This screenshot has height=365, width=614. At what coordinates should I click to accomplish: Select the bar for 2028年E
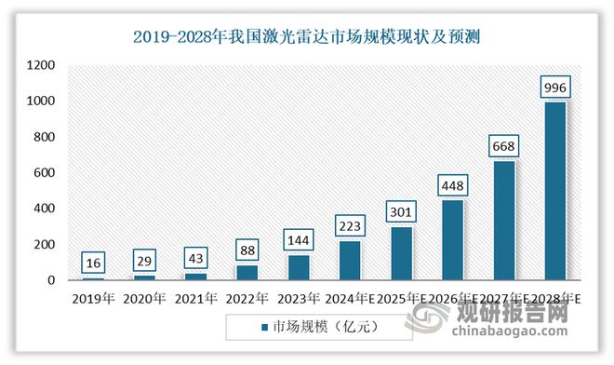(x=554, y=191)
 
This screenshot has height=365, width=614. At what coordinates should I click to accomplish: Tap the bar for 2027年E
(x=502, y=221)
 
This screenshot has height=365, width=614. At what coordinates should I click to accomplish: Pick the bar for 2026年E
(x=451, y=240)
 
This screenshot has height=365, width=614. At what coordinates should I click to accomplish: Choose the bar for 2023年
(x=298, y=267)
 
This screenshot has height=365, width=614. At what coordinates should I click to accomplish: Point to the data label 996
(x=554, y=88)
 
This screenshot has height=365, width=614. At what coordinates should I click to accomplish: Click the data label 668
(x=502, y=147)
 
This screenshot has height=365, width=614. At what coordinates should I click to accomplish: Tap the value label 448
(x=451, y=186)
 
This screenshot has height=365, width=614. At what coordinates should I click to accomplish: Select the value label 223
(x=349, y=226)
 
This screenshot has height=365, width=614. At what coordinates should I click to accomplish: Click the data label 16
(x=93, y=264)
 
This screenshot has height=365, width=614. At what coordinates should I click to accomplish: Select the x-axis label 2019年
(x=92, y=299)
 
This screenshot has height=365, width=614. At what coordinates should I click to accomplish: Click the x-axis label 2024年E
(x=350, y=299)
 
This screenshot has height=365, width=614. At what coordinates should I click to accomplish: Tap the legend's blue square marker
(x=264, y=327)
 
